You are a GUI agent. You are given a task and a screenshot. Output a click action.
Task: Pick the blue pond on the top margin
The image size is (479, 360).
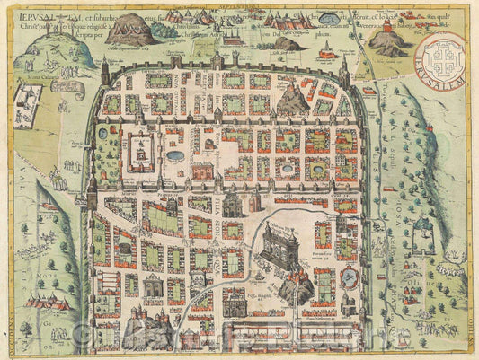(329, 19)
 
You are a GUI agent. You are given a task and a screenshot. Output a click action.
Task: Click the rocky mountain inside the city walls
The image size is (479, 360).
(292, 97)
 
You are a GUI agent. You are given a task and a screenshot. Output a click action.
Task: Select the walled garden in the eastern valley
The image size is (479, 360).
(422, 234)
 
